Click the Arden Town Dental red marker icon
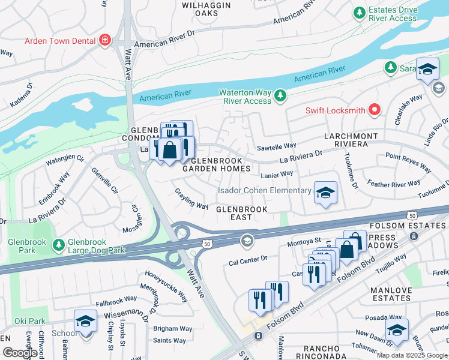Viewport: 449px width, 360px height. [106, 40]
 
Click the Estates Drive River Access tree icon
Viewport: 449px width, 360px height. [359, 13]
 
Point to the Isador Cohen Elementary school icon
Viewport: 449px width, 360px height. [325, 192]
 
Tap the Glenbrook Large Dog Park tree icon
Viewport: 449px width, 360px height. [58, 245]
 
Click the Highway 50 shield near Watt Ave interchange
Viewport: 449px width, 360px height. [206, 244]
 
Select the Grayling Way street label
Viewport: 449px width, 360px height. [191, 199]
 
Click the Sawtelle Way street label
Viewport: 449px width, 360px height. [277, 146]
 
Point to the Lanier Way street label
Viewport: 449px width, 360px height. [277, 174]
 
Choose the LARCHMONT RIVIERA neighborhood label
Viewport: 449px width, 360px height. [351, 140]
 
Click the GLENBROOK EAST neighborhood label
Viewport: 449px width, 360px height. [241, 213]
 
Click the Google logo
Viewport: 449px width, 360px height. [20, 353]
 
